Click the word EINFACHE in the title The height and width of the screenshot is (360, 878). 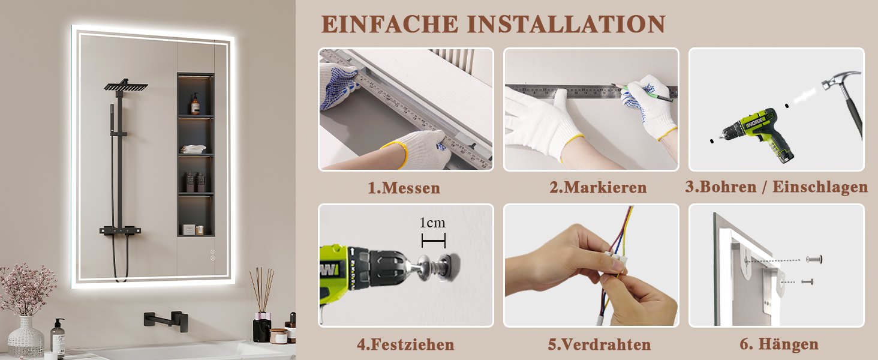click(x=390, y=25)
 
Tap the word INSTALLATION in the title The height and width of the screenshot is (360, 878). click(x=566, y=25)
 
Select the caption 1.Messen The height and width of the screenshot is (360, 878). click(x=404, y=188)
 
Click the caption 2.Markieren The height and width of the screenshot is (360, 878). click(x=598, y=187)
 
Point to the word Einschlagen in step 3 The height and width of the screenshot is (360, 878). click(x=820, y=187)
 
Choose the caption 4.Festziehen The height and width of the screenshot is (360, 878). click(x=405, y=345)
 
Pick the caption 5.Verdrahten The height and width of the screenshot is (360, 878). click(x=599, y=345)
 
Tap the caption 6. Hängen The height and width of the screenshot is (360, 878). click(x=779, y=344)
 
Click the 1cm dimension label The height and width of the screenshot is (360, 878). click(x=432, y=223)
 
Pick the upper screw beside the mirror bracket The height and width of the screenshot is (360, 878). click(x=814, y=259)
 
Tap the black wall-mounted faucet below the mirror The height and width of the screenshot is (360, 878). click(x=166, y=320)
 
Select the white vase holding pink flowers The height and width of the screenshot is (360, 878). click(x=26, y=338)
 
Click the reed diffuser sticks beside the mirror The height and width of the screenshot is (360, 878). click(x=262, y=290)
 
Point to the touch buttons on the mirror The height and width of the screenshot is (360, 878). click(x=212, y=255)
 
